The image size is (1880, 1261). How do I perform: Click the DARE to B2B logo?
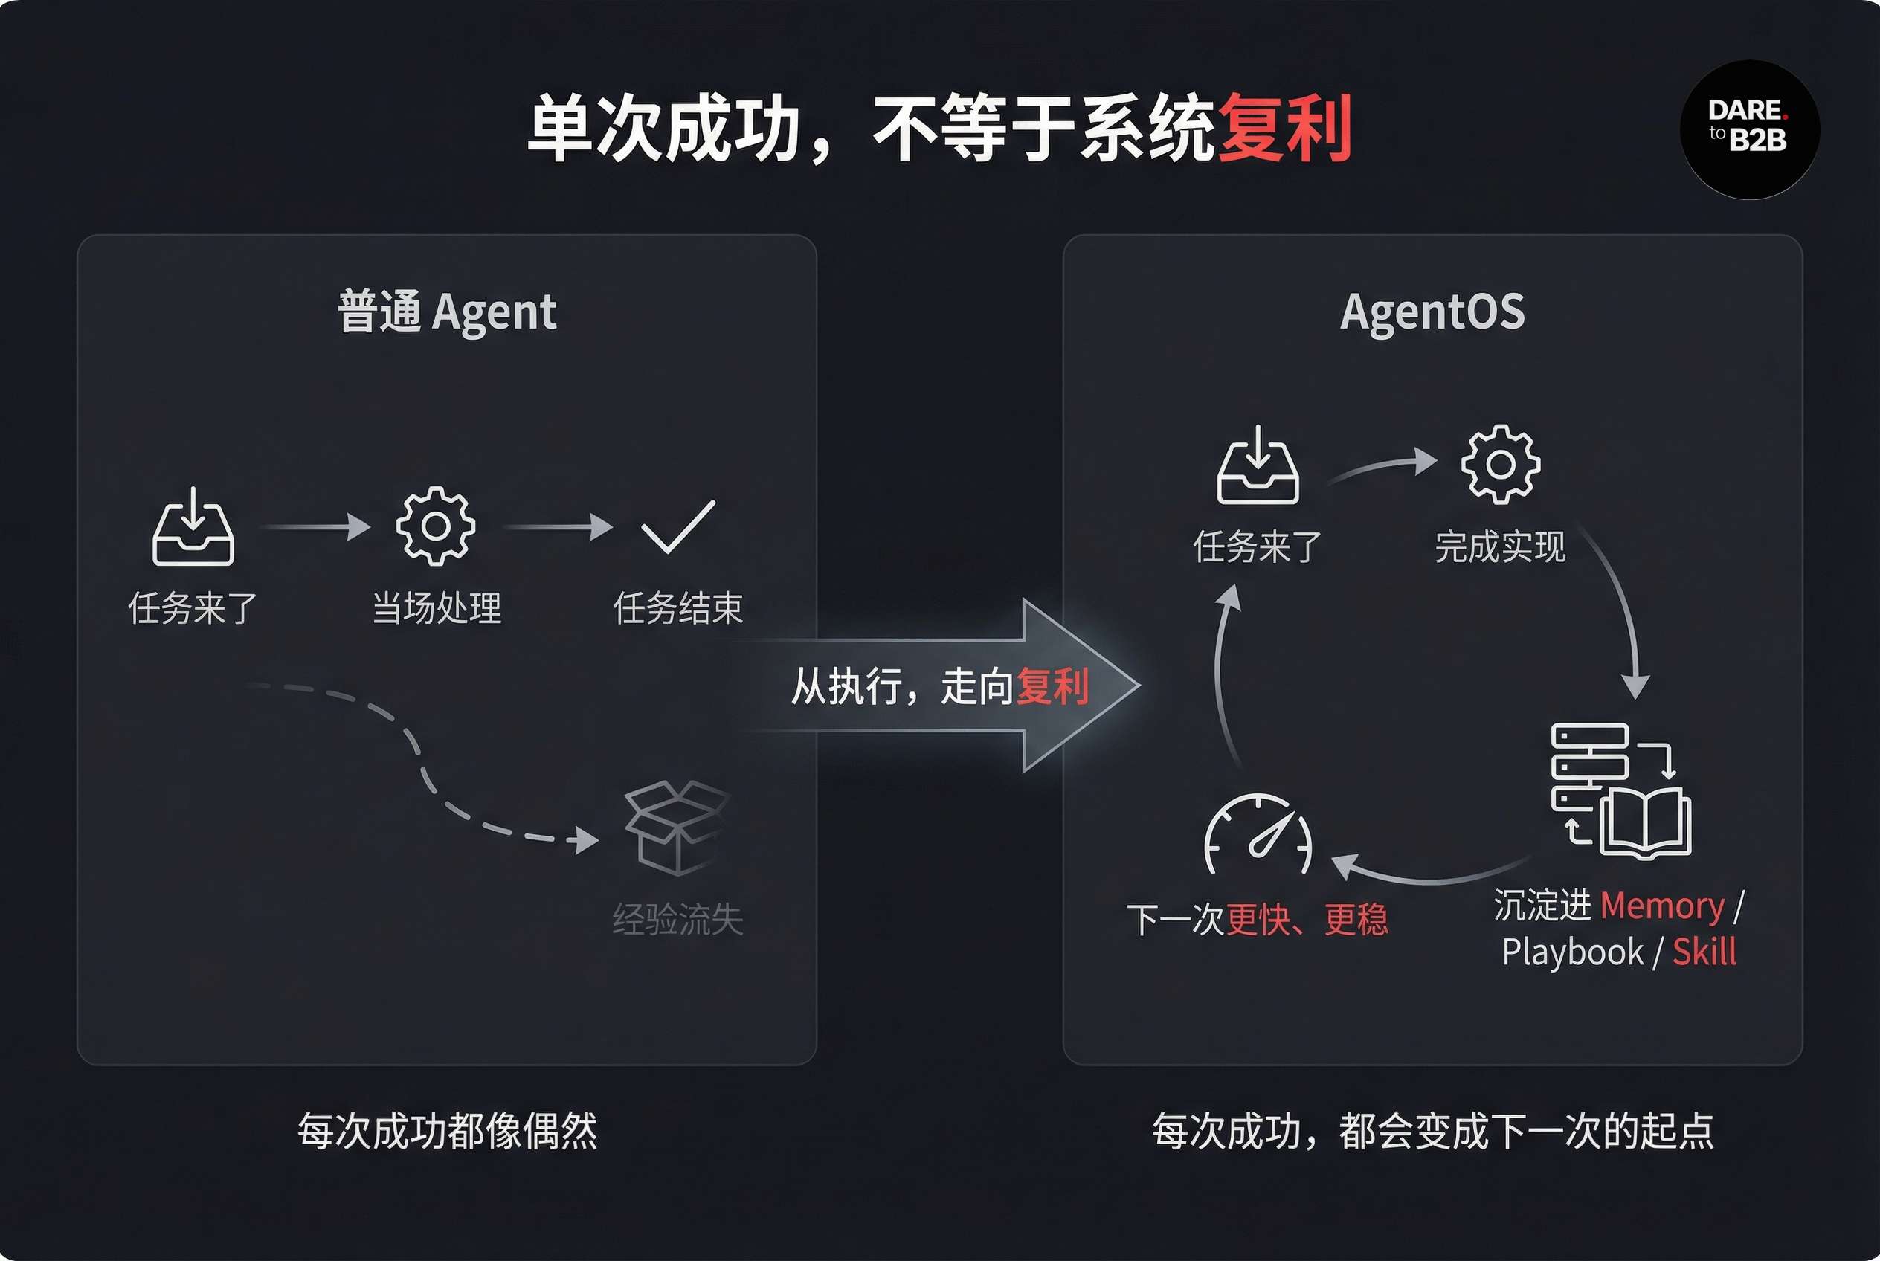coord(1749,129)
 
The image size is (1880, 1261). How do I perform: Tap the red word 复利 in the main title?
coord(1285,127)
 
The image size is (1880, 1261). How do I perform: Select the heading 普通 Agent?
coord(446,312)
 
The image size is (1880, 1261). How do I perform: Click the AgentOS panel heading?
coord(1432,312)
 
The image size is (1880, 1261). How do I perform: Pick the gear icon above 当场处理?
coord(435,526)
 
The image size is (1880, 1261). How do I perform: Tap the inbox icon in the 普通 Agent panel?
coord(193,526)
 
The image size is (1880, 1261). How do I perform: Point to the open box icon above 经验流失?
coord(677,828)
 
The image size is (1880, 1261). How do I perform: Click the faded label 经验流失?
coord(677,919)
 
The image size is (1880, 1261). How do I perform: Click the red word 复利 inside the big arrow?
coord(1052,686)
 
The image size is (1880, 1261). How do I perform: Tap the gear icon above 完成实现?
coord(1500,464)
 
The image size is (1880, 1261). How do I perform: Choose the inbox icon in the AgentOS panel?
coord(1258,465)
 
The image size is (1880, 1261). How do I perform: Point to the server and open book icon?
coord(1620,791)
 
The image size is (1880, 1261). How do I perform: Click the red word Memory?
coord(1662,906)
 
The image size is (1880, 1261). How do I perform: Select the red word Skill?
coord(1704,952)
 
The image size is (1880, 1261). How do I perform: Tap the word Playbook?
coord(1572,952)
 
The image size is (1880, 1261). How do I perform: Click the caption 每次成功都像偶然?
coord(447,1132)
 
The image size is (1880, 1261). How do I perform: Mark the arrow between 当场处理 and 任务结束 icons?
coord(558,526)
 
